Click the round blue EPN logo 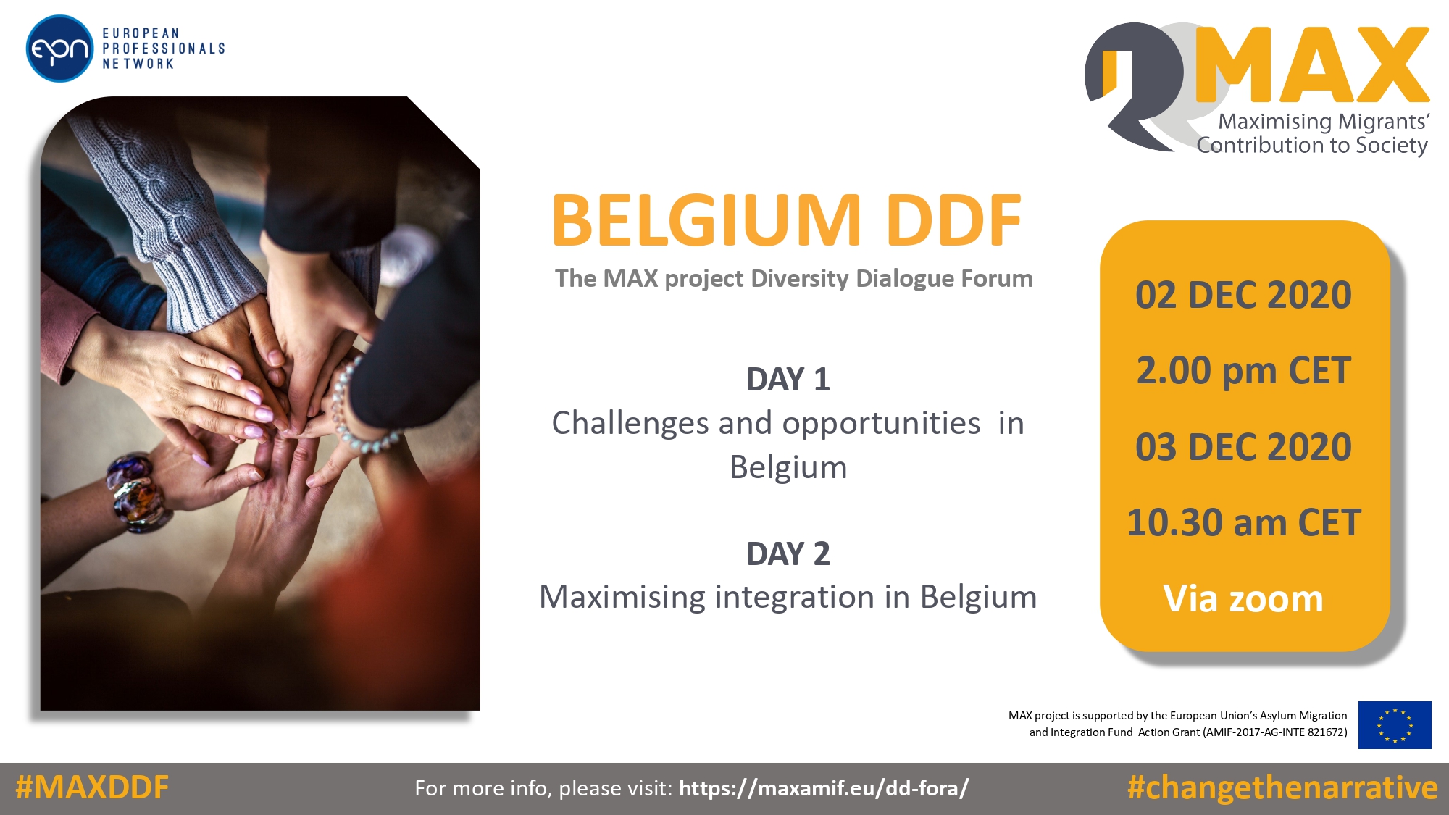(59, 49)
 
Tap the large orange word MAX (1312, 65)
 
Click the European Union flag (1395, 724)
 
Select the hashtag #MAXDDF (92, 787)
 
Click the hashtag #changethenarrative (1282, 787)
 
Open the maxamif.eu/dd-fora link (824, 788)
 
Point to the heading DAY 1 (788, 380)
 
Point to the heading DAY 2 (788, 554)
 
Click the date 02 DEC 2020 (1243, 296)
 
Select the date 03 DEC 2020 (1243, 447)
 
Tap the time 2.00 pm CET (1243, 371)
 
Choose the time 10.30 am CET (1243, 523)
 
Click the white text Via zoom (1243, 599)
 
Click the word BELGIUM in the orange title (706, 220)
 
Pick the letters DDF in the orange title (953, 220)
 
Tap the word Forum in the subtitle (997, 279)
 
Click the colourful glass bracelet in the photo (138, 493)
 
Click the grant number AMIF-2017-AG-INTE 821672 (1275, 732)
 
